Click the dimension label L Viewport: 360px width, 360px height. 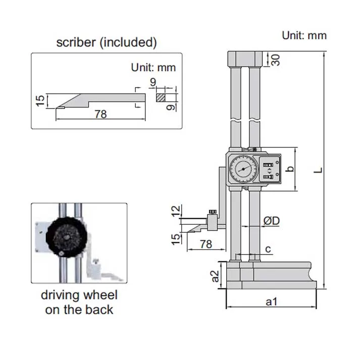[x=317, y=170]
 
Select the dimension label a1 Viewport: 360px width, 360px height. [x=272, y=301]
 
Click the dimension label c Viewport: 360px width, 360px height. [x=268, y=248]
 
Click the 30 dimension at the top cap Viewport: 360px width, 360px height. [x=275, y=60]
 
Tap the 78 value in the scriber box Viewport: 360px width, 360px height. [x=100, y=114]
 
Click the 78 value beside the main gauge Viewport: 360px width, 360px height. [x=206, y=244]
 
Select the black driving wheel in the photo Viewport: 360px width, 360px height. [x=65, y=236]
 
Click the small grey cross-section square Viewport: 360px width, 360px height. [x=160, y=96]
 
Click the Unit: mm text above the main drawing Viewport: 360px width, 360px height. [x=304, y=35]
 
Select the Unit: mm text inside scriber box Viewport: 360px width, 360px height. [x=153, y=67]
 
